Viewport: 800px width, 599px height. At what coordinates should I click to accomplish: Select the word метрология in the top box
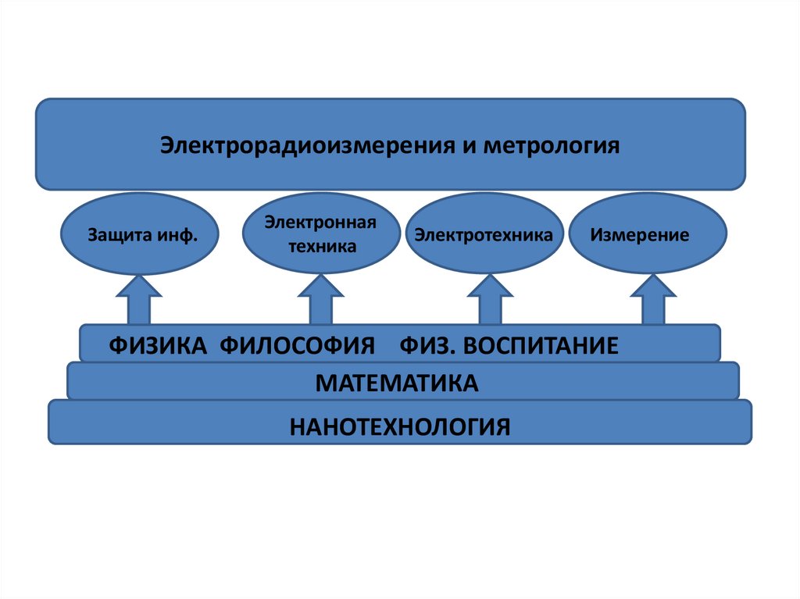point(552,146)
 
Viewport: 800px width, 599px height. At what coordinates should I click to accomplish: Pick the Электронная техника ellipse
point(321,234)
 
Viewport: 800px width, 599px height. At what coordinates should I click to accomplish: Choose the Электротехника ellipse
point(484,234)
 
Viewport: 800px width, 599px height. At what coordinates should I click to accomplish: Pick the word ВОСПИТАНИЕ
point(541,345)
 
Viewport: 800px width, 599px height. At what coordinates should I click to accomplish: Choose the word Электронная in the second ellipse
point(320,223)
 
